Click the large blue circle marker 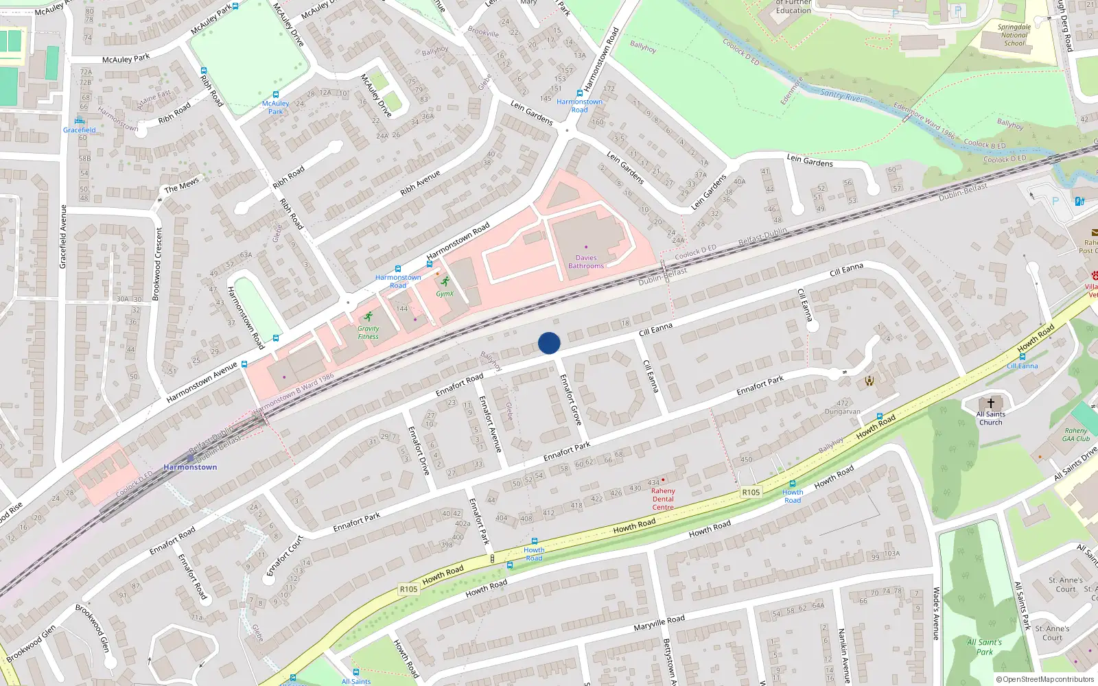(x=549, y=343)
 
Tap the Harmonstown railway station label (x=190, y=467)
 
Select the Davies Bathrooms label (x=586, y=262)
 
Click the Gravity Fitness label (x=368, y=333)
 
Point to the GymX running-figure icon (x=445, y=281)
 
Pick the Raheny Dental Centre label (x=663, y=499)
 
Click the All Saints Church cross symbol (x=990, y=403)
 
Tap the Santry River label (x=841, y=95)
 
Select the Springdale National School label (x=1014, y=35)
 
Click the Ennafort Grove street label (x=570, y=399)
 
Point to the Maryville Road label (x=659, y=623)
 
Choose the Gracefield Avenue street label (x=63, y=237)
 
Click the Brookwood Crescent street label (x=158, y=264)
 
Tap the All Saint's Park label (x=984, y=647)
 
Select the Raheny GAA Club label (x=1076, y=435)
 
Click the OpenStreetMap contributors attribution (x=1045, y=680)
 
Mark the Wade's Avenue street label (x=936, y=613)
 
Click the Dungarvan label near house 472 (x=842, y=412)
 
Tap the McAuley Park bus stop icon (x=276, y=95)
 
